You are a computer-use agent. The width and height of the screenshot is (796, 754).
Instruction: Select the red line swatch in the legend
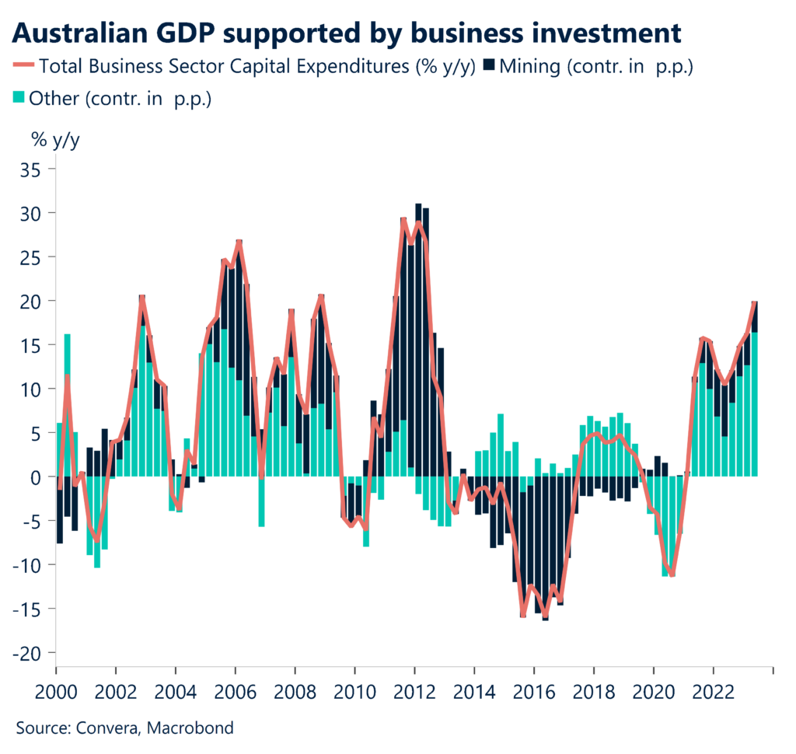[x=23, y=66]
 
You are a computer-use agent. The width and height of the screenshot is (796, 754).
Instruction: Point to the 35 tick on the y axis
[x=33, y=169]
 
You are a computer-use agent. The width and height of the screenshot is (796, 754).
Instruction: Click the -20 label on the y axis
[x=30, y=653]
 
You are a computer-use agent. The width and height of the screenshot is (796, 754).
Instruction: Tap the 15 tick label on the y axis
[x=33, y=344]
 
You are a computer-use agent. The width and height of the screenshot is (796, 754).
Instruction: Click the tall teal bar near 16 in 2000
[x=68, y=404]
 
